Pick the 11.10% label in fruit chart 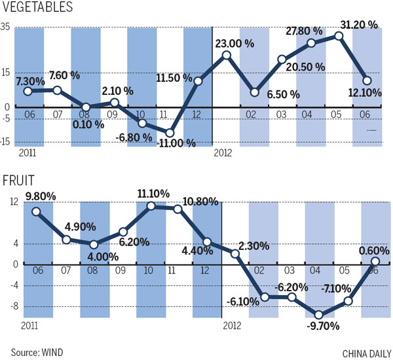(153, 194)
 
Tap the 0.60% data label (374, 250)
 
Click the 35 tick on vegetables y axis (5, 26)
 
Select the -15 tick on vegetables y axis (5, 141)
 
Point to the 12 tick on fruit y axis (5, 204)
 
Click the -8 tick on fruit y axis (7, 305)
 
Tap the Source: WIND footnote (37, 352)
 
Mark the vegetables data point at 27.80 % (311, 43)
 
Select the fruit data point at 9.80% (36, 211)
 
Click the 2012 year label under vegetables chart (224, 154)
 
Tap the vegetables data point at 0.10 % (86, 107)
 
